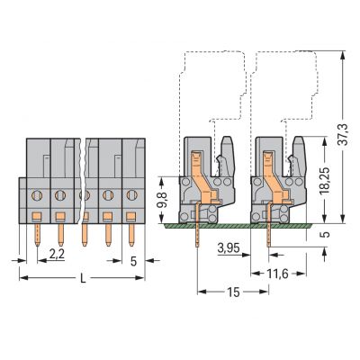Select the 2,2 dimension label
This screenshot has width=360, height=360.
click(x=55, y=255)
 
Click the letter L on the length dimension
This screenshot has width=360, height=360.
click(x=83, y=279)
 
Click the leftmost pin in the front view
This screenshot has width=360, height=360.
click(x=38, y=235)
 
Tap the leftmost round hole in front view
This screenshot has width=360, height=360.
click(x=38, y=193)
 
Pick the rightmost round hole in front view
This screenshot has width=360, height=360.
click(x=127, y=193)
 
